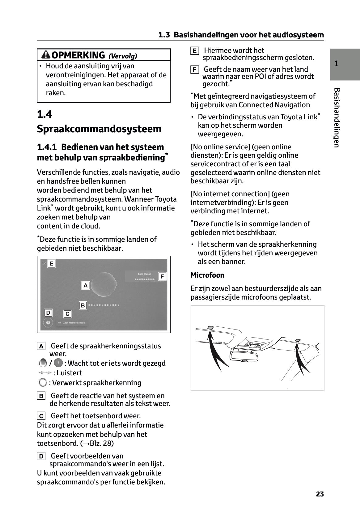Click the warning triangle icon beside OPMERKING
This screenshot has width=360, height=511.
tap(46, 55)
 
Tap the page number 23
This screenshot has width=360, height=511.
tap(320, 494)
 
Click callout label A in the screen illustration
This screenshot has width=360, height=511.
tap(85, 285)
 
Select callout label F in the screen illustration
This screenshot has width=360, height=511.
tap(162, 276)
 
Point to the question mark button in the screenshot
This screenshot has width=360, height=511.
tap(48, 322)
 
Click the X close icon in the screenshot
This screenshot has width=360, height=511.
tap(45, 263)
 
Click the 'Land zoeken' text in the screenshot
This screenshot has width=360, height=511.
tap(145, 274)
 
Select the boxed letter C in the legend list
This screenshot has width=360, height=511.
tap(41, 416)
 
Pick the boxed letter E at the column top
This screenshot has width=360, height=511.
tap(194, 51)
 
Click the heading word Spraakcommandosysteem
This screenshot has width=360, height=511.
tap(99, 129)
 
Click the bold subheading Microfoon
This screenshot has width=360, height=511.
tap(207, 275)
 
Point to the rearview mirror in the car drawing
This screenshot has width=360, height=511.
tap(244, 356)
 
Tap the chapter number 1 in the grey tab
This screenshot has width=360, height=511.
tap(336, 64)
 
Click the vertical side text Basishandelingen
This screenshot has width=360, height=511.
tap(337, 117)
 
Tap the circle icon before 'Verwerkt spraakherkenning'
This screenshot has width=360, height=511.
tap(43, 383)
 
